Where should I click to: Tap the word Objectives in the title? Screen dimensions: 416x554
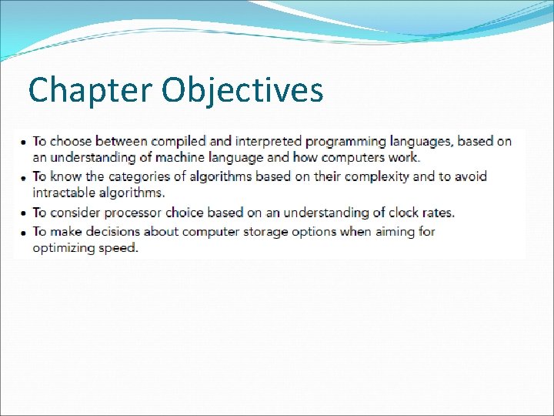tap(242, 91)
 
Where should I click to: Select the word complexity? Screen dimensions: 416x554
tap(376, 176)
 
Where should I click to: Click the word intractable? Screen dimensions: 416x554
tap(65, 193)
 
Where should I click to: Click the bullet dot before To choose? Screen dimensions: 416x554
tap(24, 143)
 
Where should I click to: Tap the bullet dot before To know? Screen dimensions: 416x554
tap(24, 177)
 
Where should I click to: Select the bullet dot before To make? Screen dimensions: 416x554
tap(24, 232)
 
